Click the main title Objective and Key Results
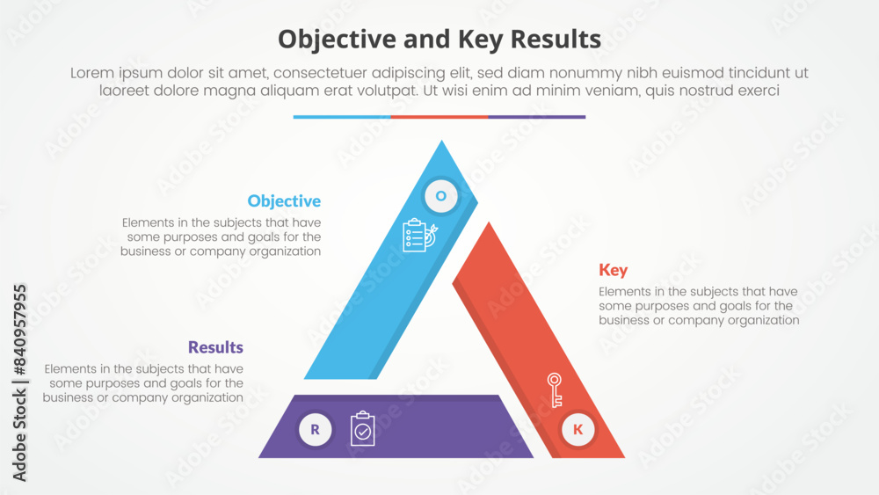pos(439,40)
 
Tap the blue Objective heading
pos(284,201)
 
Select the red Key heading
pos(614,270)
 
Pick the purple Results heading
pos(215,347)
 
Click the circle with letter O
pos(441,196)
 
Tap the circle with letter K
pos(578,430)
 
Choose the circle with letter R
pos(315,430)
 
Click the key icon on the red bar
pos(555,389)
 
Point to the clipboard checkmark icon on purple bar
pos(362,429)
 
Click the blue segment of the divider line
pos(342,116)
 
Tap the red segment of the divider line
pos(439,116)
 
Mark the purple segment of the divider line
pos(536,116)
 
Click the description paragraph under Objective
pos(222,237)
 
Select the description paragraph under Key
pos(699,306)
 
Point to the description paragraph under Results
pos(143,382)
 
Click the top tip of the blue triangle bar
pos(442,143)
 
